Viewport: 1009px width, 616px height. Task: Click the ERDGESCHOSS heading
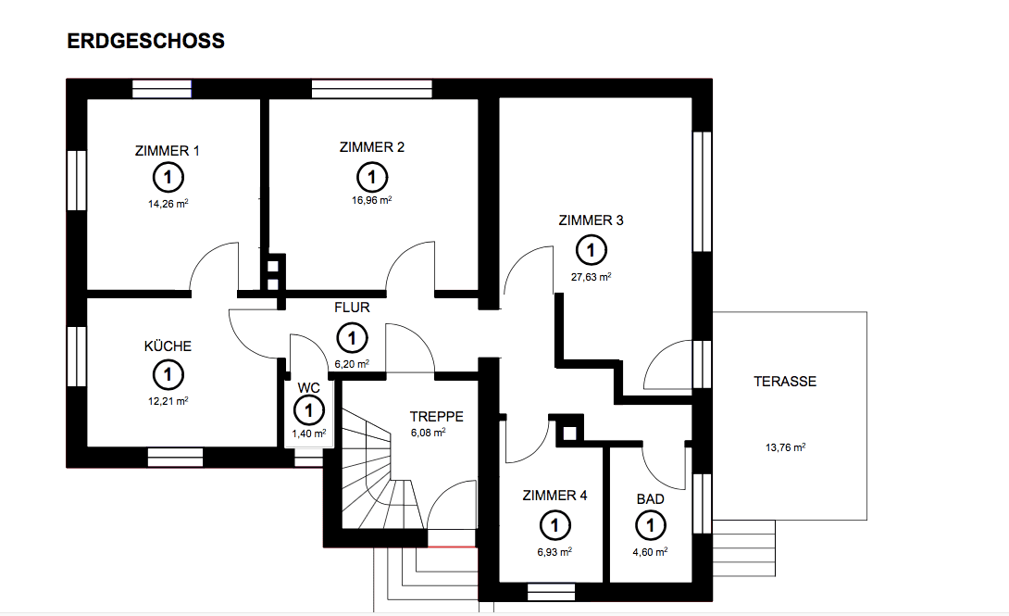146,42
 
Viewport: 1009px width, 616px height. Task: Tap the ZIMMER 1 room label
167,151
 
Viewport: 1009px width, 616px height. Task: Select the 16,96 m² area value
371,200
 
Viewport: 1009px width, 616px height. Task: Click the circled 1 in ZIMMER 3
591,249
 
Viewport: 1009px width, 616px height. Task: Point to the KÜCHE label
168,346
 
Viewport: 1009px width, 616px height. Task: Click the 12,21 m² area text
168,401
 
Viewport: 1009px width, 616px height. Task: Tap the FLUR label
352,307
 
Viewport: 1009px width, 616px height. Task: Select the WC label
307,388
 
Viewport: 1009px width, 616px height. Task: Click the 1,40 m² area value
308,433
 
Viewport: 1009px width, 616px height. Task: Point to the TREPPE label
436,417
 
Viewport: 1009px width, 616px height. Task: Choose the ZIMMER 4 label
554,496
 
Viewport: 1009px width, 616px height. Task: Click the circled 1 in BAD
650,526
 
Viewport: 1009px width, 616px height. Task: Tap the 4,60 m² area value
650,550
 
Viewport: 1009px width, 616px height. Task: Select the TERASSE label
785,381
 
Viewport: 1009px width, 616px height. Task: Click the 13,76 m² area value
785,446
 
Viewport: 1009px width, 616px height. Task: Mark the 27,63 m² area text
591,276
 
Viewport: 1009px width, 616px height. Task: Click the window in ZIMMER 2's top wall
372,89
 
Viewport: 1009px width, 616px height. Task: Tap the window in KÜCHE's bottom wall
175,458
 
